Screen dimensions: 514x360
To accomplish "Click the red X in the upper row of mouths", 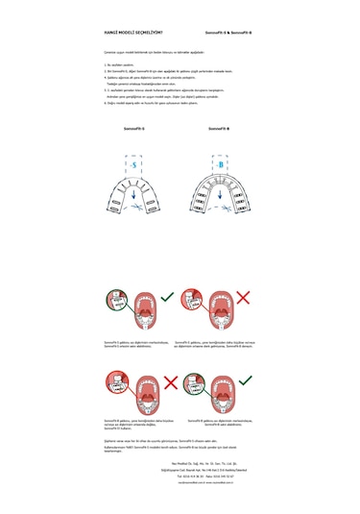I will coord(243,298).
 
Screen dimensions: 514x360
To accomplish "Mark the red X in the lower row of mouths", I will coord(171,381).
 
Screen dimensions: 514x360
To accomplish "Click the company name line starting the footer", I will coord(180,463).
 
